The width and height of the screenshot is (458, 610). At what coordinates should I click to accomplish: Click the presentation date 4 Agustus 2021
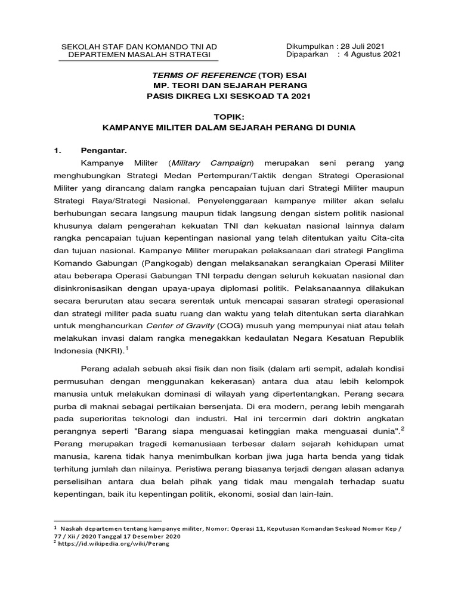tap(373, 55)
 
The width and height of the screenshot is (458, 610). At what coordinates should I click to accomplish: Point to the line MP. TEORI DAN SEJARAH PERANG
tap(230, 86)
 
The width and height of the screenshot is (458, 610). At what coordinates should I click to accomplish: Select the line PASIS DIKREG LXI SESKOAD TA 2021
tap(230, 96)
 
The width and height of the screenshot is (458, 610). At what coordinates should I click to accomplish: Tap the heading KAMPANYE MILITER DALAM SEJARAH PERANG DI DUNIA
tap(230, 127)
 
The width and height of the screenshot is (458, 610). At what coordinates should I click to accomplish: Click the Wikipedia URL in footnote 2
tap(114, 544)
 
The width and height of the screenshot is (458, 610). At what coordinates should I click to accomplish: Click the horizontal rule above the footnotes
tap(107, 521)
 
